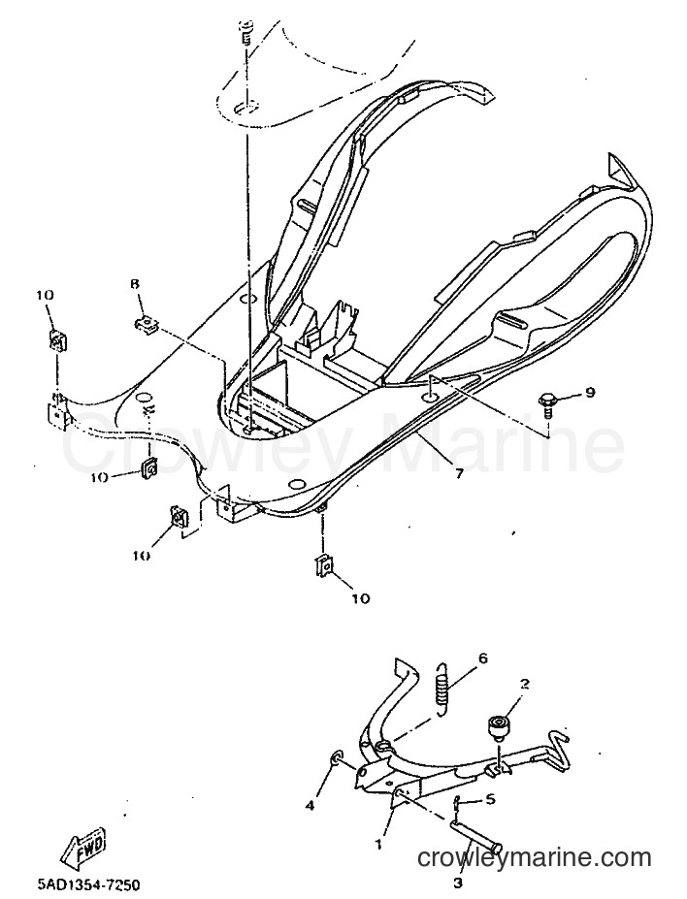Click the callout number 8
[x=135, y=285]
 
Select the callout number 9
[x=589, y=392]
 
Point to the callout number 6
[x=482, y=658]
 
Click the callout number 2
[x=524, y=684]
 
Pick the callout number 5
[x=490, y=799]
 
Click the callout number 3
[x=457, y=883]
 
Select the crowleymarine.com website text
[x=534, y=858]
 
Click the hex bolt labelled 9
[x=546, y=404]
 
